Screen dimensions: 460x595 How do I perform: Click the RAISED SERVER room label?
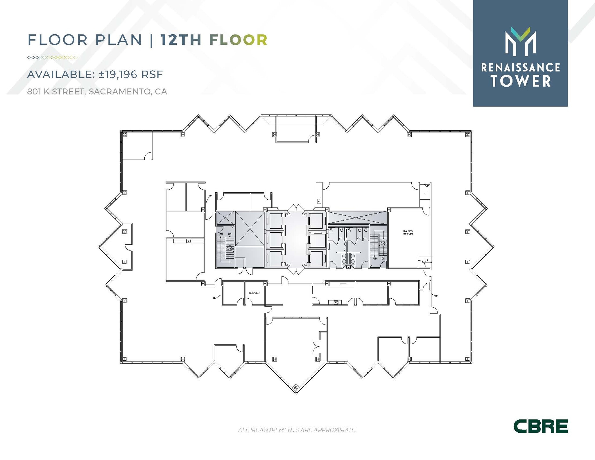click(408, 232)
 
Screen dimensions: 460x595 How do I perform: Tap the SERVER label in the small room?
click(254, 293)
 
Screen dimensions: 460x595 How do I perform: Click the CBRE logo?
click(540, 426)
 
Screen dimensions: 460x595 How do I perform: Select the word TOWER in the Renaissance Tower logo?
click(521, 81)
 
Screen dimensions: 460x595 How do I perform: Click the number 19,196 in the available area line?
click(118, 74)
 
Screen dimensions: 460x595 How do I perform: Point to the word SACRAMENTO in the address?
click(120, 92)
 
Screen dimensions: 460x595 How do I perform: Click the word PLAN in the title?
click(119, 40)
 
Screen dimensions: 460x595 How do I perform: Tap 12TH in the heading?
click(181, 40)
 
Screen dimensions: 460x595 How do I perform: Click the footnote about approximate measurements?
click(297, 430)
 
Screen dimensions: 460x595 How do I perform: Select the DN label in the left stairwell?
click(221, 234)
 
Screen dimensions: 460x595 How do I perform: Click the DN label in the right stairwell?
click(383, 258)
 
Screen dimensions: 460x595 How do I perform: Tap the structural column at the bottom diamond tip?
click(296, 388)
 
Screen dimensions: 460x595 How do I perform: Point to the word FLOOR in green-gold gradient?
click(238, 40)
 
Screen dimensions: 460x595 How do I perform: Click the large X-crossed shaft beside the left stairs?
click(250, 228)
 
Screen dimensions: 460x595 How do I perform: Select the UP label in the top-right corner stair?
click(427, 186)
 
